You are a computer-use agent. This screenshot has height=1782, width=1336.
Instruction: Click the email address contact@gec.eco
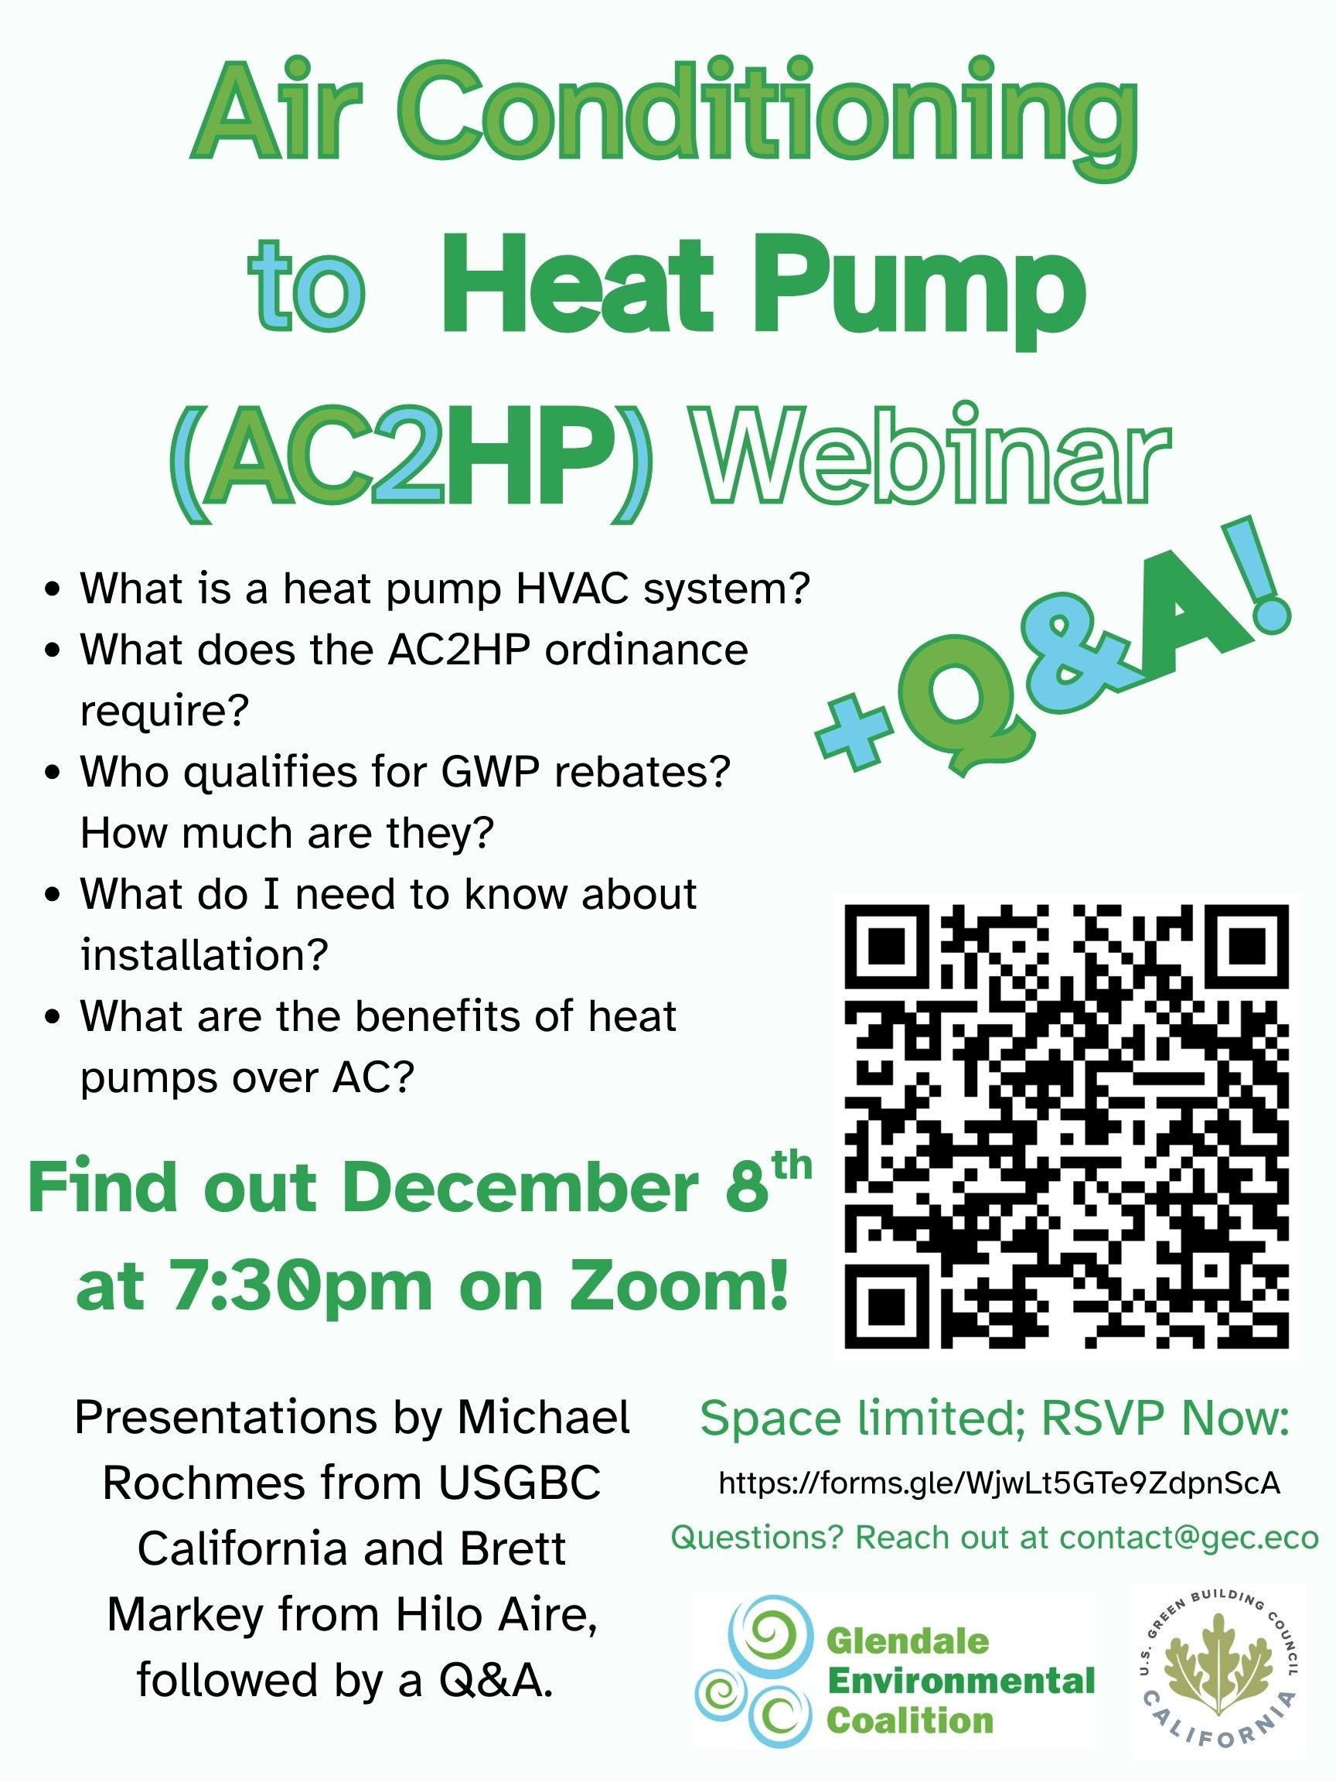click(1188, 1537)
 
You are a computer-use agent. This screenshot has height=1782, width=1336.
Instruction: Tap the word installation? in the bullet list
click(204, 954)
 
